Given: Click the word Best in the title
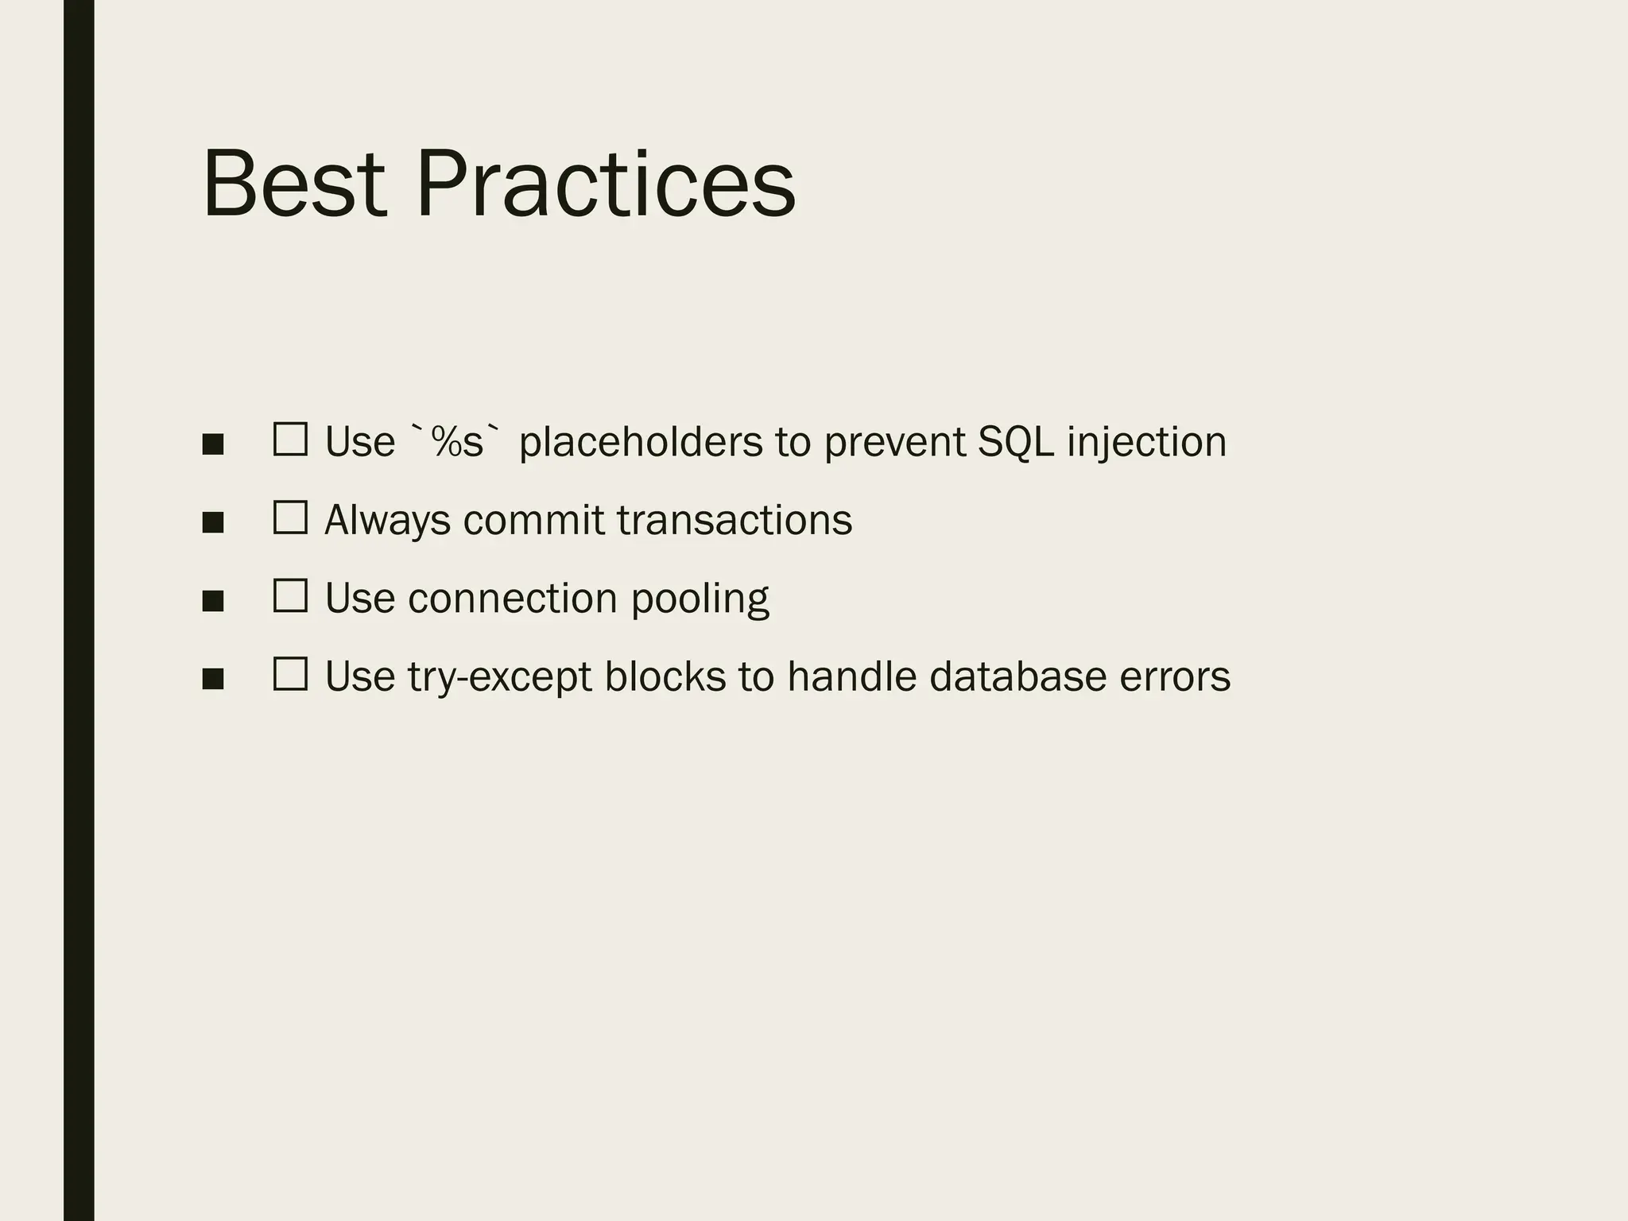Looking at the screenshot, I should (x=294, y=184).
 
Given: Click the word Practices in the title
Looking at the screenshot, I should (x=605, y=184).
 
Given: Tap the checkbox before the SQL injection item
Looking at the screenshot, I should (x=290, y=439).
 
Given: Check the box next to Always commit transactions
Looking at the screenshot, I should (x=290, y=517).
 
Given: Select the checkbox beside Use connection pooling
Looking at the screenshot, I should (x=290, y=595).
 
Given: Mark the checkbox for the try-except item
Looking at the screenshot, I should (x=290, y=674).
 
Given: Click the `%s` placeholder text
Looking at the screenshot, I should (x=457, y=441).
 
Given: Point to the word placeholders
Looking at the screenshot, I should (x=641, y=442).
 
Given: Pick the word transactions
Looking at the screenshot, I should (x=734, y=520).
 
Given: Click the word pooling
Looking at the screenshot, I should (x=700, y=599).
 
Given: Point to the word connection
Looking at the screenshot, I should (x=512, y=598).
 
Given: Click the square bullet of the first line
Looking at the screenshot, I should (x=212, y=444).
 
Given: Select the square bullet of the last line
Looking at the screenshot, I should (x=212, y=679).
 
